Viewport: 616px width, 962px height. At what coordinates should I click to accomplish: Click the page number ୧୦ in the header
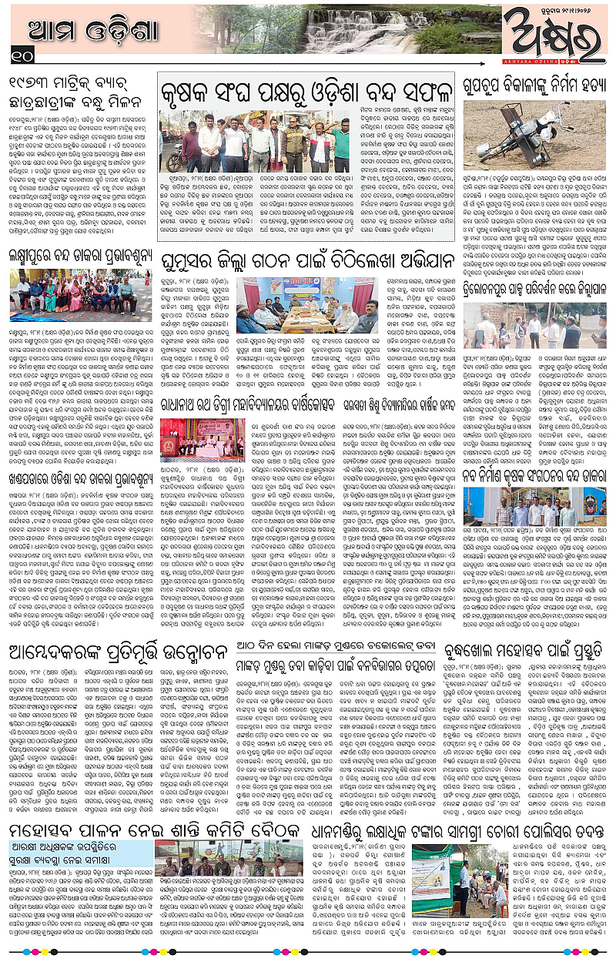(x=22, y=54)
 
